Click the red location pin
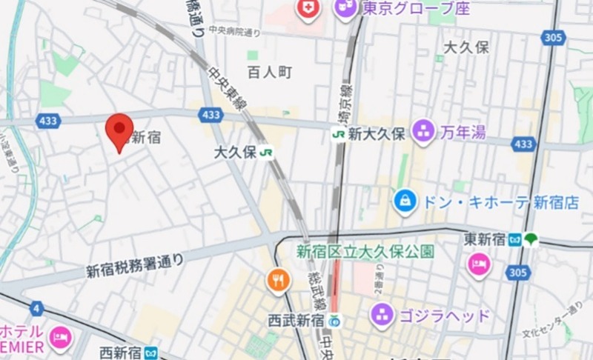pos(119,130)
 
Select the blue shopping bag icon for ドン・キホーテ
pos(405,201)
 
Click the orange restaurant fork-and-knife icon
pos(278,280)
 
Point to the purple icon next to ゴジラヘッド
pos(382,314)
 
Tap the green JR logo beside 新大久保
pos(339,134)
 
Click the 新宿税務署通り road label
pos(135,265)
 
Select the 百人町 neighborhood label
pos(270,72)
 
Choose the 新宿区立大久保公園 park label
pos(365,251)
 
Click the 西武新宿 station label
pos(296,320)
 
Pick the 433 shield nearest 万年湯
pos(523,143)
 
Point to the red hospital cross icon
pos(306,9)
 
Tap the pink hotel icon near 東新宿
pos(479,264)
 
